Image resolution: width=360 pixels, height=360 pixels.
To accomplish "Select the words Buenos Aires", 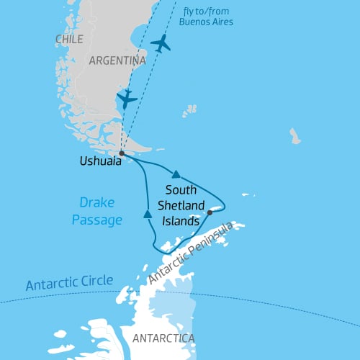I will tap(209, 22).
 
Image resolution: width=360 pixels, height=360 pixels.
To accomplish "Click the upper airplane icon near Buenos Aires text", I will tap(161, 43).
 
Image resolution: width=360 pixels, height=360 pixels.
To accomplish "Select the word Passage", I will tap(96, 220).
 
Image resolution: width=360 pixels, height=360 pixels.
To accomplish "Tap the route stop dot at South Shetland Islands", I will tap(210, 212).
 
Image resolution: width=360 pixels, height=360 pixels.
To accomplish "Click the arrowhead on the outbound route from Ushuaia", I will tap(176, 174).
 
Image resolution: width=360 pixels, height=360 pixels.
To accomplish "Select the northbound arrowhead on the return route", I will tap(147, 214).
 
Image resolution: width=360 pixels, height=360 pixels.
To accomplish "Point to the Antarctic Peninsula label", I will tap(191, 252).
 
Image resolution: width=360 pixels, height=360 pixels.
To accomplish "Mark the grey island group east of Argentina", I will tap(189, 110).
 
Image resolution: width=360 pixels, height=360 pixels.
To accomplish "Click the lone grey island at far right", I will tap(295, 135).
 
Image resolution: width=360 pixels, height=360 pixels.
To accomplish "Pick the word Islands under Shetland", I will tap(179, 221).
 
